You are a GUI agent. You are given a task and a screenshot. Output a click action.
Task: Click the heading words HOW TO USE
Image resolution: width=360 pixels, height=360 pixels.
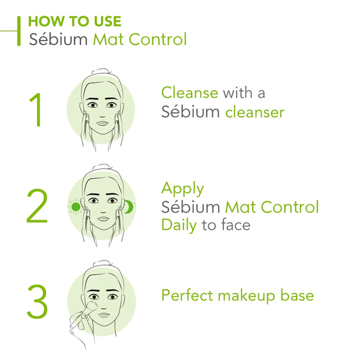[x=74, y=21]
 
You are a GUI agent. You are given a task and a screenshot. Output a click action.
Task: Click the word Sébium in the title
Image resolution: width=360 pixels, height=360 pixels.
[x=58, y=39]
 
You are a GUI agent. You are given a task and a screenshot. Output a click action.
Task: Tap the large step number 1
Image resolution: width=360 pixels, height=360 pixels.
[x=36, y=110]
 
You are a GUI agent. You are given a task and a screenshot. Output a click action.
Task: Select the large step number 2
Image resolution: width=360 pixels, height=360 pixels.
[x=37, y=206]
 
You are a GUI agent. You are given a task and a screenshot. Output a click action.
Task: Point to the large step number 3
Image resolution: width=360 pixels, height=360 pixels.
[x=37, y=301]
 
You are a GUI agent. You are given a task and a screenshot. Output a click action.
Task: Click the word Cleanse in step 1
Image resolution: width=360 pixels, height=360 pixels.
[x=190, y=92]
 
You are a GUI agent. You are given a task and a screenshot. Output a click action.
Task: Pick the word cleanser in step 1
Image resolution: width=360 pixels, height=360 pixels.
[x=255, y=112]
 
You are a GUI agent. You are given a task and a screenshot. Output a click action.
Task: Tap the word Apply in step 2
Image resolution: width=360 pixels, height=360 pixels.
[x=182, y=189]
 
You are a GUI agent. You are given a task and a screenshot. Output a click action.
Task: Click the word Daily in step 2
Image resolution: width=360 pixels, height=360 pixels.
[x=179, y=225]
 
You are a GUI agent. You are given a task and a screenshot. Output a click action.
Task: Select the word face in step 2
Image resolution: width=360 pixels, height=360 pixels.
[x=236, y=224]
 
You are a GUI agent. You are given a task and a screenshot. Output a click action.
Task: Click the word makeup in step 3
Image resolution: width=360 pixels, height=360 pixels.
[x=247, y=296]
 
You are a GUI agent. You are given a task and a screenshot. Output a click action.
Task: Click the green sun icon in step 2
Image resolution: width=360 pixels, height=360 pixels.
[x=76, y=207]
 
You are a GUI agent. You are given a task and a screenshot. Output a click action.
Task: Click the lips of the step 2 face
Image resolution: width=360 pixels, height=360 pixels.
[x=103, y=218]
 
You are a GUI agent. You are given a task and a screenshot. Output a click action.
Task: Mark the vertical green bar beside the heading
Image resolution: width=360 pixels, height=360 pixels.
[x=19, y=31]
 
